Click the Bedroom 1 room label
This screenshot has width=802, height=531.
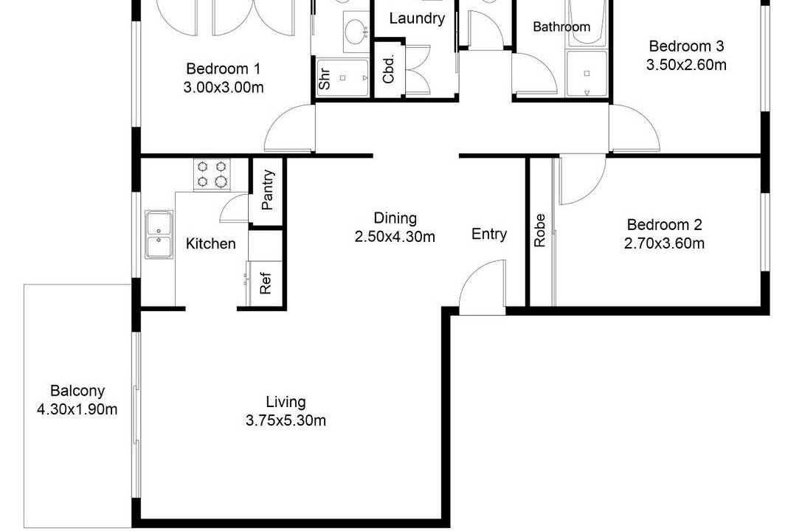click(x=223, y=69)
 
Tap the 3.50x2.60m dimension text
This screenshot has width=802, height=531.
click(x=686, y=65)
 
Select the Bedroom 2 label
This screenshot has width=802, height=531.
click(x=665, y=224)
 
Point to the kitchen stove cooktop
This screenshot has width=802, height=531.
click(x=212, y=174)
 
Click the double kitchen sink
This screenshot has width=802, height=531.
click(x=159, y=234)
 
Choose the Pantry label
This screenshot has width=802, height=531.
click(x=267, y=190)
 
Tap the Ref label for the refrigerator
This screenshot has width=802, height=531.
click(x=265, y=282)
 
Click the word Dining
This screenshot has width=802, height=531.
click(x=395, y=218)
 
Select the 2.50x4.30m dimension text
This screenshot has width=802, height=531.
click(x=395, y=237)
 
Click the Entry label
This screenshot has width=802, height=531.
click(x=489, y=234)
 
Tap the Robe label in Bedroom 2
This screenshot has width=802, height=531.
click(x=539, y=231)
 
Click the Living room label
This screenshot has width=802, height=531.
click(x=286, y=402)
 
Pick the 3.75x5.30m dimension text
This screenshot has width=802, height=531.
click(x=286, y=420)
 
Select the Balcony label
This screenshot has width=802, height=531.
click(x=77, y=391)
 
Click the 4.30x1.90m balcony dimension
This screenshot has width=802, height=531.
click(x=77, y=409)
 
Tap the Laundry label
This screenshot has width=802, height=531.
click(x=417, y=19)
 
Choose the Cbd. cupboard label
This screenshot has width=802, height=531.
click(x=388, y=69)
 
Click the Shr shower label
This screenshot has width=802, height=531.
click(x=325, y=79)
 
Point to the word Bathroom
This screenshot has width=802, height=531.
click(x=561, y=27)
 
